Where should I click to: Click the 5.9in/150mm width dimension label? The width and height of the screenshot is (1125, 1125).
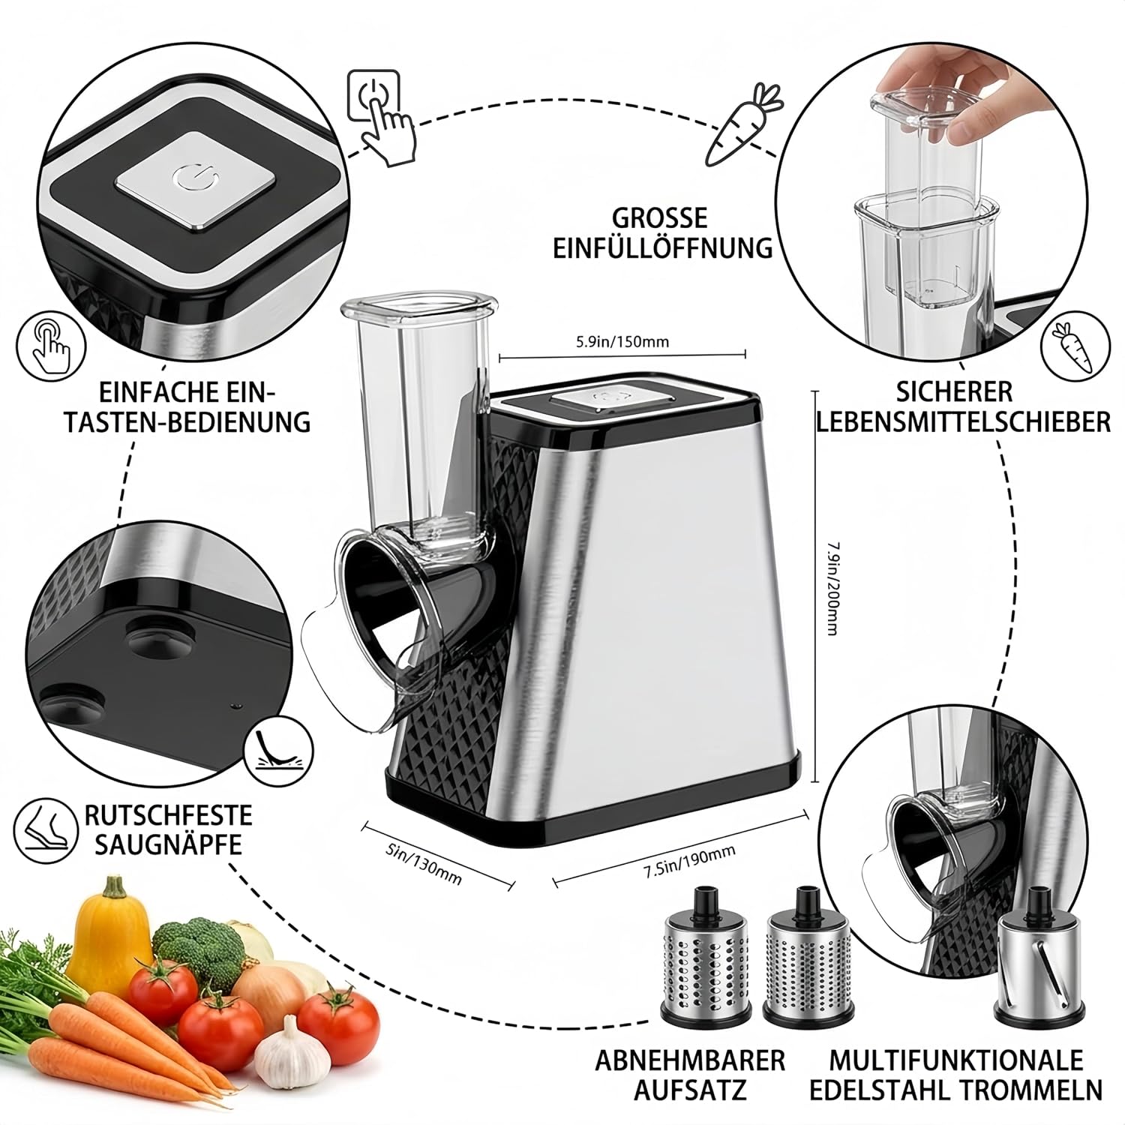[622, 343]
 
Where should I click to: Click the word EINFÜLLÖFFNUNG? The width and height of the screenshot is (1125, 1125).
[663, 247]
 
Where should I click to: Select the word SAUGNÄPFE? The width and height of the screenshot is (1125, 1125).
[163, 844]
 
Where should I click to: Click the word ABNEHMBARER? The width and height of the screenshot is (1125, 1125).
[690, 1060]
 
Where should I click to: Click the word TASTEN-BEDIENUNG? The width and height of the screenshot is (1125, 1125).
[187, 421]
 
